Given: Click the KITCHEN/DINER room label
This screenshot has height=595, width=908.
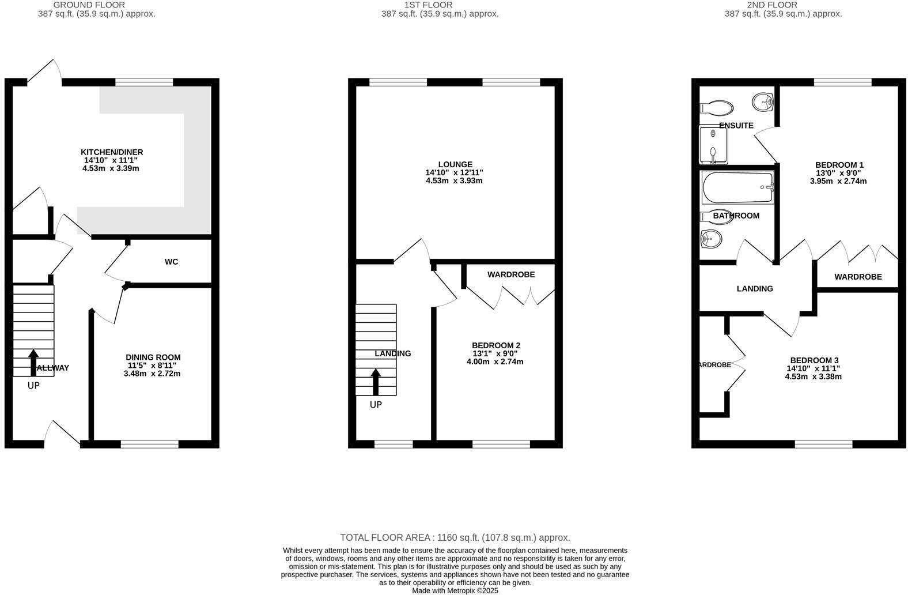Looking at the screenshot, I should [x=112, y=152].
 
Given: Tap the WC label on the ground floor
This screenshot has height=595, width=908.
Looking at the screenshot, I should [x=171, y=262].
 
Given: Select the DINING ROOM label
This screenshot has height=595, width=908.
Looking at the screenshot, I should [x=153, y=357].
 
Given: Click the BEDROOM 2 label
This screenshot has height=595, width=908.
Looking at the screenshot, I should [x=495, y=345].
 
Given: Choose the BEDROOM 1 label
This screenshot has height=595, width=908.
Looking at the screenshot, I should [x=839, y=165].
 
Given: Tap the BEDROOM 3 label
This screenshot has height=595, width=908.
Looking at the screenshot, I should [x=814, y=360].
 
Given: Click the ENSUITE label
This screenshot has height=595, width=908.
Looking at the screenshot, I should [x=736, y=125].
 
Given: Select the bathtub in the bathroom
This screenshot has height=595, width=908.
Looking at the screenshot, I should [x=737, y=187].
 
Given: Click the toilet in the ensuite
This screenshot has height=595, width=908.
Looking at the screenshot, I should [x=716, y=108].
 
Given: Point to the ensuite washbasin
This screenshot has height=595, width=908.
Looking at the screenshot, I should [x=763, y=103].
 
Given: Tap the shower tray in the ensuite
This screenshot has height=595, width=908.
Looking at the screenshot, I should [x=713, y=145].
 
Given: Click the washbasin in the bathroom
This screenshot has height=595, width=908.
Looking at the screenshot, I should [x=712, y=238].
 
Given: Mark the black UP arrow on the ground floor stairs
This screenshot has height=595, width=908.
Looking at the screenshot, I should [x=33, y=362].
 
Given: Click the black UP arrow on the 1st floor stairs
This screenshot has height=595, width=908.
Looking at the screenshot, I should [x=376, y=382].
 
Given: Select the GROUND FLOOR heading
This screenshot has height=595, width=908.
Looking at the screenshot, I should [x=89, y=5].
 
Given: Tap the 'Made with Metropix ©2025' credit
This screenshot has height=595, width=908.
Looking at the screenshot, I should [x=455, y=590].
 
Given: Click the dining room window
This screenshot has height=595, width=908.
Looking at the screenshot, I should [x=150, y=444].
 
